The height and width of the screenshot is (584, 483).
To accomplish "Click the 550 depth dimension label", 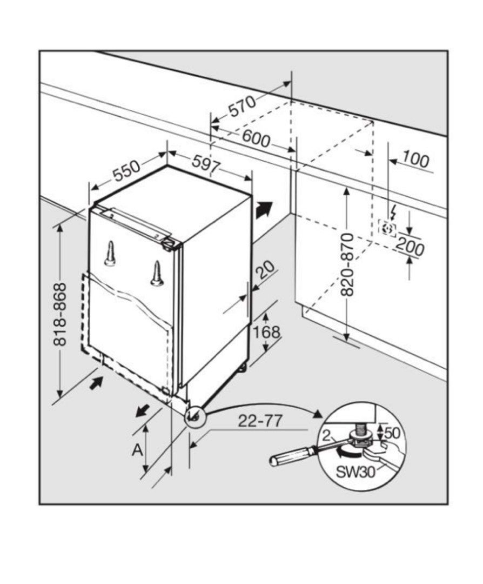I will (126, 171).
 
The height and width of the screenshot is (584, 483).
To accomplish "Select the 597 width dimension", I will (206, 164).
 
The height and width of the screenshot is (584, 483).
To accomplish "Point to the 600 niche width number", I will (256, 139).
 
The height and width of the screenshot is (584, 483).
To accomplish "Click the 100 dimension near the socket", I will (416, 161).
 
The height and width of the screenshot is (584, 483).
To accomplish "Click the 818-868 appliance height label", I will (61, 314).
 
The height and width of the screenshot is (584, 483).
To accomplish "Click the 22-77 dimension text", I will (260, 421).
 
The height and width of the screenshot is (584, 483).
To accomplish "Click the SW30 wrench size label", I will (355, 472).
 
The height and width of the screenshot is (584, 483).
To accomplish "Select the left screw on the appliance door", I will (110, 254).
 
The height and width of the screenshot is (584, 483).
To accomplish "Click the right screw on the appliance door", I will (157, 274).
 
